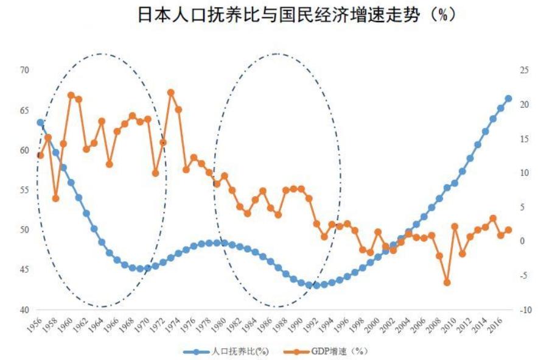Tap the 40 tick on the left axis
24,310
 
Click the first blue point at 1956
40,122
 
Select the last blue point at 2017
508,99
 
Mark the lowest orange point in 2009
447,283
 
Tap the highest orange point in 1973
171,93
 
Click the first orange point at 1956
40,155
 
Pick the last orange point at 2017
508,230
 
